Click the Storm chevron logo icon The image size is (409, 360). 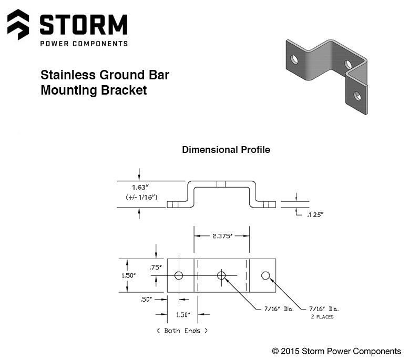pos(18,24)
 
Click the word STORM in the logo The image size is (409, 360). pos(84,24)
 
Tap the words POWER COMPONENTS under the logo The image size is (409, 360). pos(84,44)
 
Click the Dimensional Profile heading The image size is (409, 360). pos(226,150)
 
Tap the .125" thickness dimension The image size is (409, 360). pos(316,214)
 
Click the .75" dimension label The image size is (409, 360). pos(156,268)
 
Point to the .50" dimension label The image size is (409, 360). pos(146,299)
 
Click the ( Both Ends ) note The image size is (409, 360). pos(182,331)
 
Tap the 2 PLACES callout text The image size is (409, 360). pos(322,317)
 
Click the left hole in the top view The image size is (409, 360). pos(179,275)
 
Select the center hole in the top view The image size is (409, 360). pos(221,275)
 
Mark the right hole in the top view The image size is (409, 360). pos(265,275)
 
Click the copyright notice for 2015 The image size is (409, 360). pos(336,351)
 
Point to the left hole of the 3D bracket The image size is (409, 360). pos(294,59)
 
